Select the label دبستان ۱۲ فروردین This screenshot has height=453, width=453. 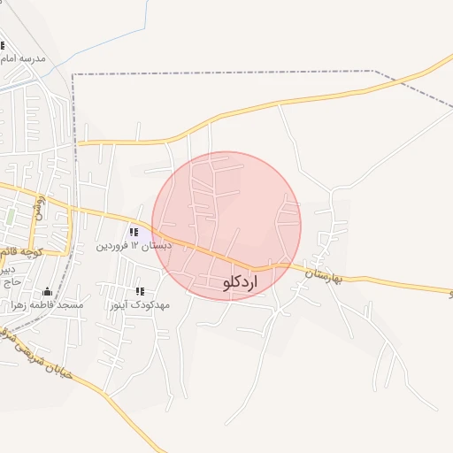pyautogui.click(x=134, y=245)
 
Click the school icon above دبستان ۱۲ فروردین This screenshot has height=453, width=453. pyautogui.click(x=134, y=233)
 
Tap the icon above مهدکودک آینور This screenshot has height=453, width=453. pyautogui.click(x=140, y=291)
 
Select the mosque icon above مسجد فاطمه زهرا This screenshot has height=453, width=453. pyautogui.click(x=47, y=292)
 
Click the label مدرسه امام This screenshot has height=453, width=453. pyautogui.click(x=25, y=58)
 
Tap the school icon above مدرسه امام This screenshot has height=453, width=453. pyautogui.click(x=3, y=46)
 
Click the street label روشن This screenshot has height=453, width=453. pyautogui.click(x=39, y=209)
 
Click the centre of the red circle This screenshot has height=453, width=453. pyautogui.click(x=226, y=226)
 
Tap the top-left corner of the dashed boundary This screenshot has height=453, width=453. pyautogui.click(x=73, y=74)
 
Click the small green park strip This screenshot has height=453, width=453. pyautogui.click(x=11, y=216)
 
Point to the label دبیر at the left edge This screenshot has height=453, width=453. pyautogui.click(x=7, y=268)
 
